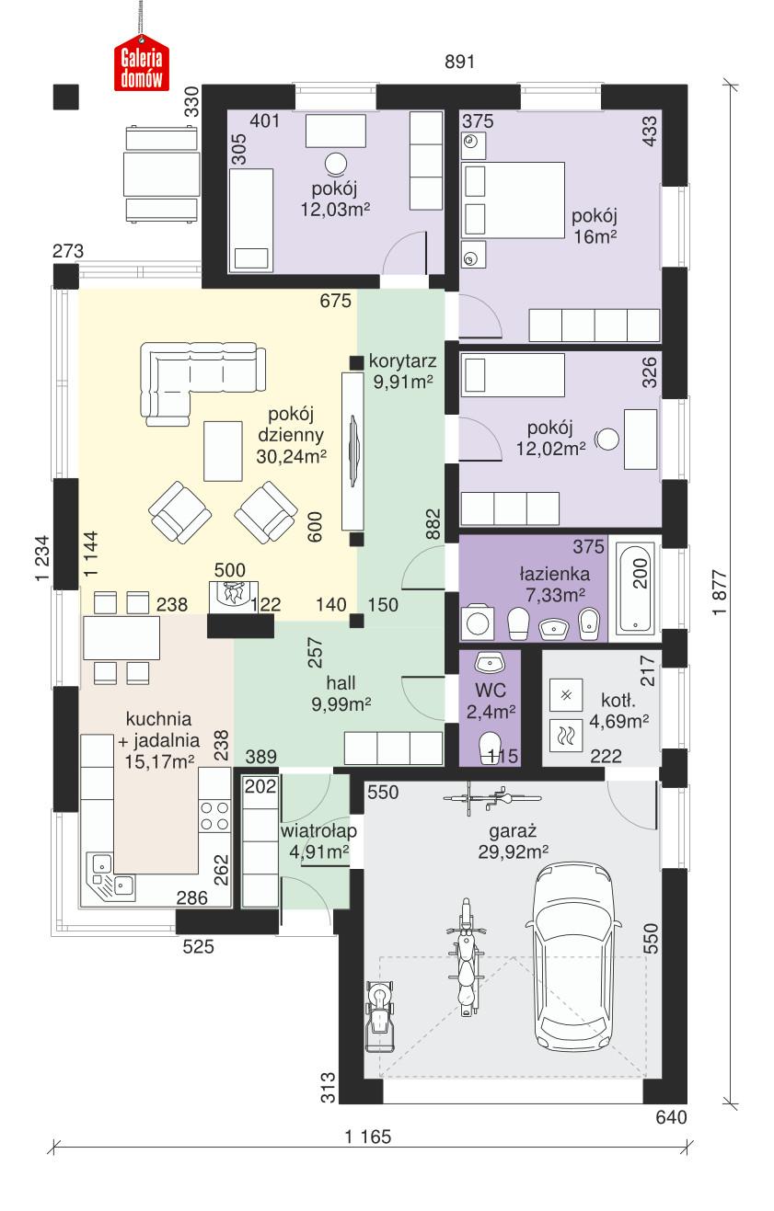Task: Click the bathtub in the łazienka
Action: click(636, 586)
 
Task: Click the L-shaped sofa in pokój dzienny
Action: click(198, 376)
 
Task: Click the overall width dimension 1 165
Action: click(368, 1137)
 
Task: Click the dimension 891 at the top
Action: click(458, 63)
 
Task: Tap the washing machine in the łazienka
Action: click(479, 622)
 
